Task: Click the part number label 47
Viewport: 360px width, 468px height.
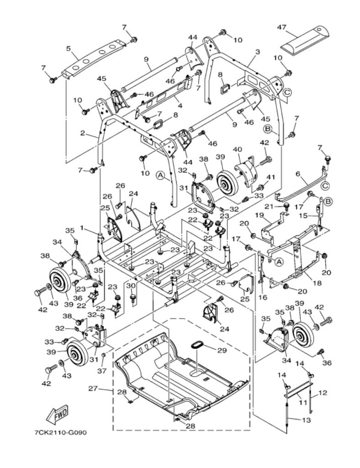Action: (281, 27)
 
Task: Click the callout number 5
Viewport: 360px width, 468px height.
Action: (69, 48)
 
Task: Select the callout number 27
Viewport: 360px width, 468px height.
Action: (93, 388)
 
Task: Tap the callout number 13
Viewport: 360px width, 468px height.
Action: (306, 420)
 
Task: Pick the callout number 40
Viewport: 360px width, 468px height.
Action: (237, 149)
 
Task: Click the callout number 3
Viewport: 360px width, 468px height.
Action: (257, 52)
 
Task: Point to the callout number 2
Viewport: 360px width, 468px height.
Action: (83, 133)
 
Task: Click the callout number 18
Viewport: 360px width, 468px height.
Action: (318, 282)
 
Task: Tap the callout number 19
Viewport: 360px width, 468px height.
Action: (259, 215)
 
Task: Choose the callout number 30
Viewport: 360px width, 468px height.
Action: (131, 286)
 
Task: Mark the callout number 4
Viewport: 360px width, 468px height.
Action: (180, 106)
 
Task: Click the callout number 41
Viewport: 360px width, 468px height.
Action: (270, 177)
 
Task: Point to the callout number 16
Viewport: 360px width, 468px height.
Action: (263, 297)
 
